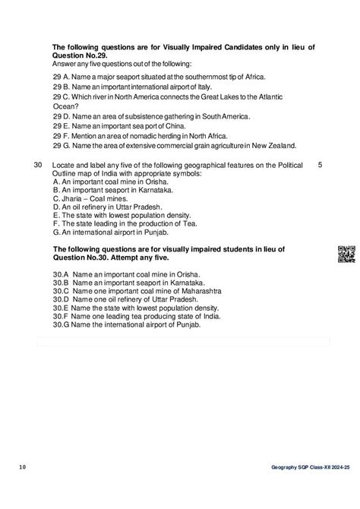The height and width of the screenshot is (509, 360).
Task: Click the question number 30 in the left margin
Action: pyautogui.click(x=39, y=165)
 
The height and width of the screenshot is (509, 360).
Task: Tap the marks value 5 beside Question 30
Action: pyautogui.click(x=320, y=165)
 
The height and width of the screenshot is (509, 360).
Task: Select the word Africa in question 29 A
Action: pyautogui.click(x=245, y=78)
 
